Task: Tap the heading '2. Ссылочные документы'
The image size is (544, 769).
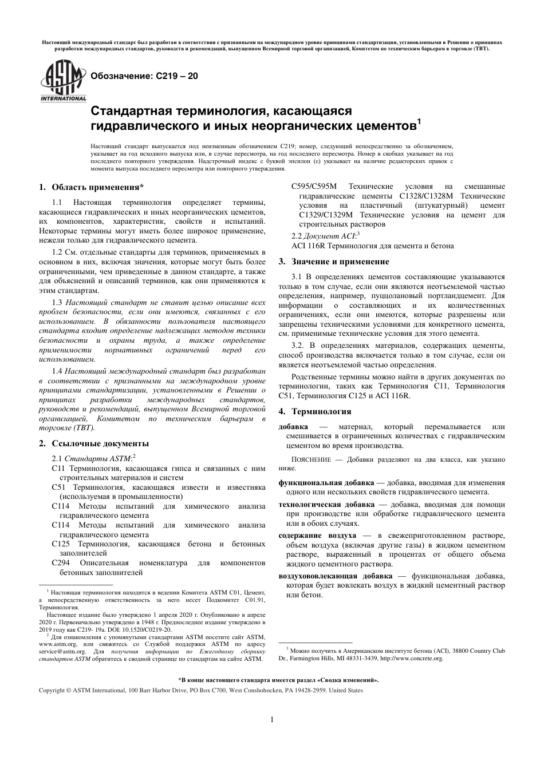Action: [93, 443]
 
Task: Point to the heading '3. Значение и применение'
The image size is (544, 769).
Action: [333, 261]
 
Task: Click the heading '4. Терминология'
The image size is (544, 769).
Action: [314, 411]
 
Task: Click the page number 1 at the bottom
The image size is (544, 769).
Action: [271, 719]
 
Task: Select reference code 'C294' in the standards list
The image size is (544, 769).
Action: [60, 563]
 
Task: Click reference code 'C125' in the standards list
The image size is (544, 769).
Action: [60, 544]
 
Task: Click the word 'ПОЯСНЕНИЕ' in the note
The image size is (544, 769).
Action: [311, 459]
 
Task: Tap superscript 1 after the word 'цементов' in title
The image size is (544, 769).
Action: [419, 121]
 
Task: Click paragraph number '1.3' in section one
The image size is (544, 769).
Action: [57, 302]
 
